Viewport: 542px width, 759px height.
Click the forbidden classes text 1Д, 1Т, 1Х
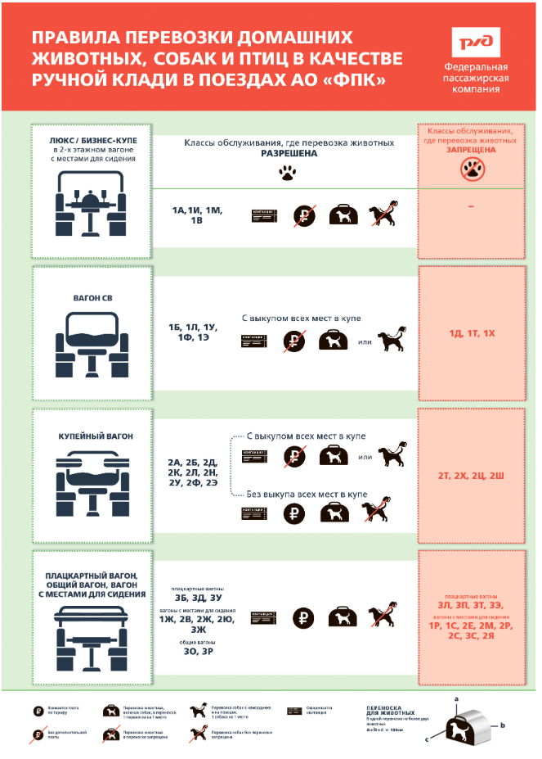point(473,334)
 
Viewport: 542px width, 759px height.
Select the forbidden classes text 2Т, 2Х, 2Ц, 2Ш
point(473,475)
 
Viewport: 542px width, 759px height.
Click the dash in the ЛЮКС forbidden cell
point(471,207)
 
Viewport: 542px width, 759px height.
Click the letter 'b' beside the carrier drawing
point(504,725)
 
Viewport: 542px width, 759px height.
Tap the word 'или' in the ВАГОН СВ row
point(365,341)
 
